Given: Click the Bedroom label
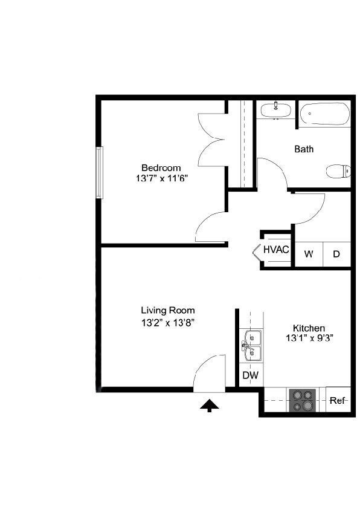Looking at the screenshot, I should coord(161,167).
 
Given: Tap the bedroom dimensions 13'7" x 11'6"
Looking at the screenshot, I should coord(161,179).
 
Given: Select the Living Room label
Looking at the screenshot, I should coord(168,311).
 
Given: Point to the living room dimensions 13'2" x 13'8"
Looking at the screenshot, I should coord(168,322).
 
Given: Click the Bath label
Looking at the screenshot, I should coord(304,149).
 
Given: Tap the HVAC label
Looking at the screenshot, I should coord(276,249).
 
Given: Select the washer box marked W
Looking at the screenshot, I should coord(308,253).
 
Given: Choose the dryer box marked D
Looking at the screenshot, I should coord(336,253).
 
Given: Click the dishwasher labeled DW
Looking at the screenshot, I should coord(250,375).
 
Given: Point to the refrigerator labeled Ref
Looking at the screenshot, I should coord(338,400).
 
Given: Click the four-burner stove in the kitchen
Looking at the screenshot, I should coord(303,400).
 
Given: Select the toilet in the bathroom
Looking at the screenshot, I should coord(338,171).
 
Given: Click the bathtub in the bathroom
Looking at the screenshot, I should coord(325,114).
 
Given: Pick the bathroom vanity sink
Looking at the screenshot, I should coord(275,109).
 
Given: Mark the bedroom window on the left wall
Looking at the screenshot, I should coord(100,172).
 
